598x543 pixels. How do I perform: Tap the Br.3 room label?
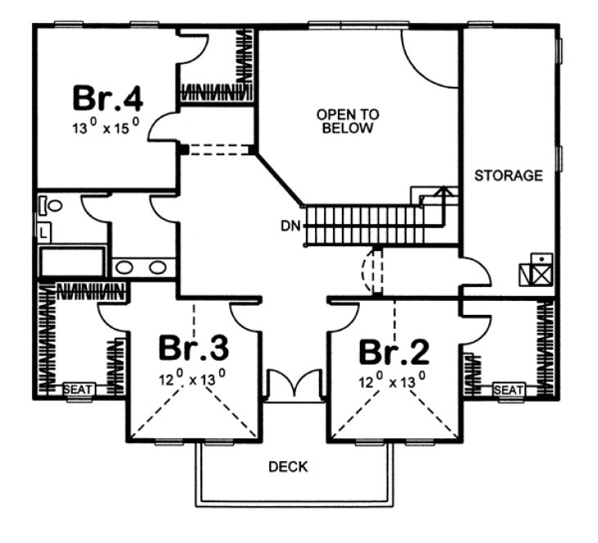[x=193, y=348]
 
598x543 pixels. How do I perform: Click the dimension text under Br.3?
[x=193, y=379]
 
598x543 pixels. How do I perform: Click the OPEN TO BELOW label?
[x=348, y=122]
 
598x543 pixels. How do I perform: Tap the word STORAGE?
[x=508, y=175]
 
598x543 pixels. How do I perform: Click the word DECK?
[x=289, y=467]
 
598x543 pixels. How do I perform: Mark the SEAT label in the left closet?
[x=79, y=389]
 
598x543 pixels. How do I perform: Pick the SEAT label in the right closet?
[x=508, y=390]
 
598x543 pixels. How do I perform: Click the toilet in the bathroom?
[x=50, y=206]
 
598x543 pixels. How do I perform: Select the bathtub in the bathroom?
[x=72, y=263]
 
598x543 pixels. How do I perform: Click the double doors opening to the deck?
[x=291, y=384]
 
